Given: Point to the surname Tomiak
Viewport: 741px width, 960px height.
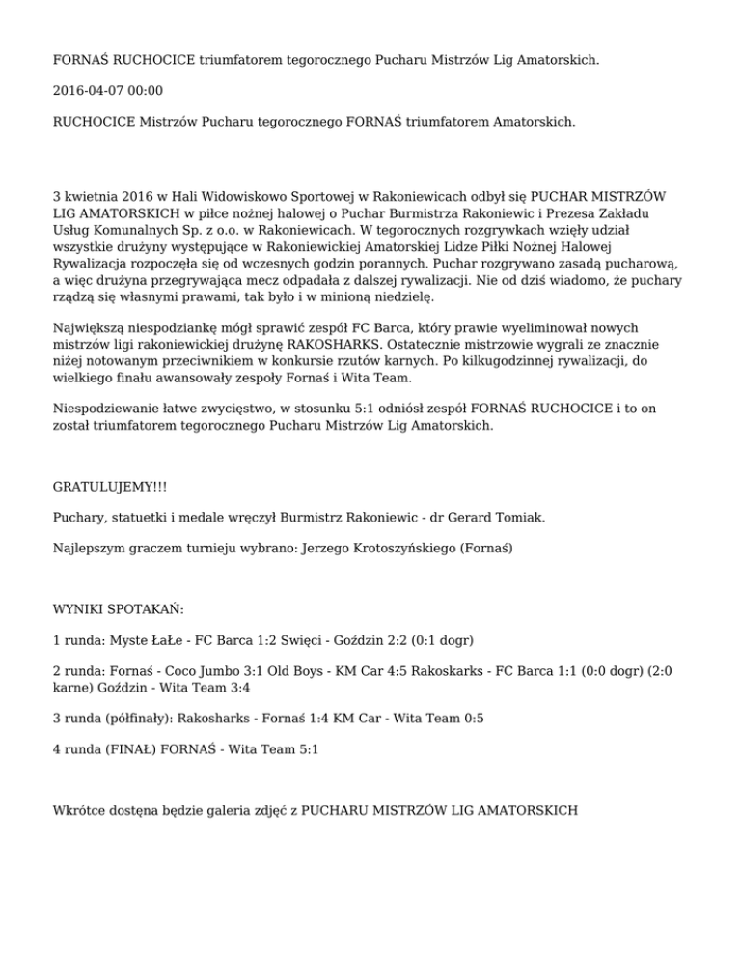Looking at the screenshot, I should point(522,518).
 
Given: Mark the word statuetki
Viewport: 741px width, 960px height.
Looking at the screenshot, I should point(143,518).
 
